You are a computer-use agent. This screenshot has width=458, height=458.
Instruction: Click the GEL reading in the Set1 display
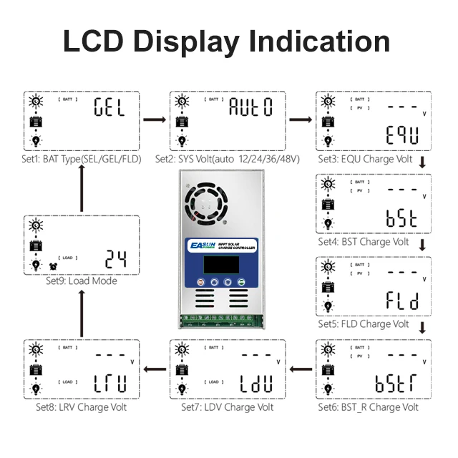coord(110,109)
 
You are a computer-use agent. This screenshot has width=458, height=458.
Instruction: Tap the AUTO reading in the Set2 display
coord(250,109)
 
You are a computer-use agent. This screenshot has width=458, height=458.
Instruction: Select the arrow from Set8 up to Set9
coord(81,312)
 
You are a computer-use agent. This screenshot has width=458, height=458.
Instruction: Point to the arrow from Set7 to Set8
coord(155,370)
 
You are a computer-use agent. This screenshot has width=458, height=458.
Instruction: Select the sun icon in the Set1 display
coord(34,101)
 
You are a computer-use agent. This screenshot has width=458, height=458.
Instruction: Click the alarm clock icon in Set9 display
coord(53,266)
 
